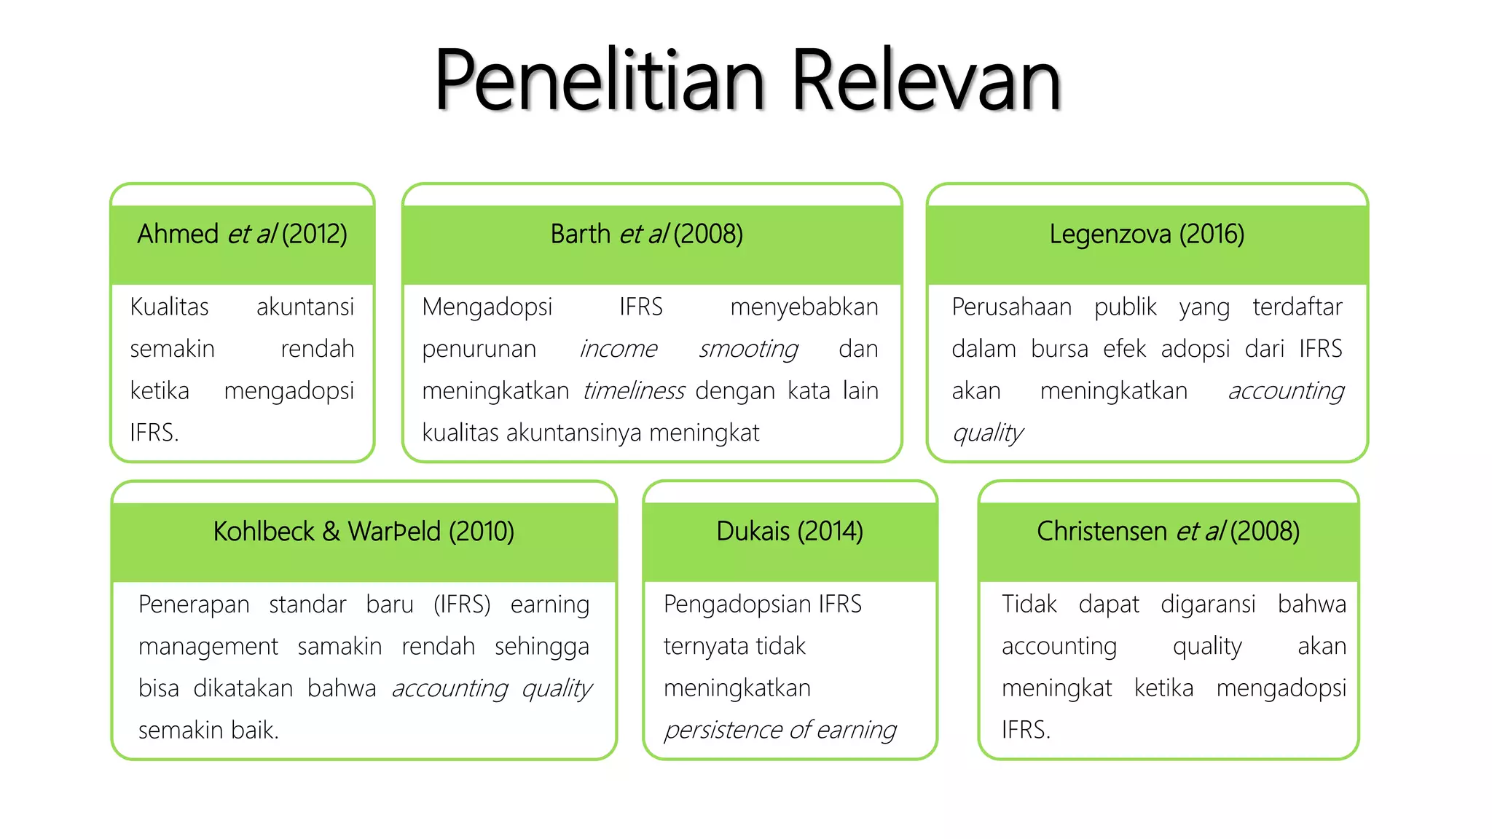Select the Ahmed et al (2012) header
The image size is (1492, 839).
coord(242,235)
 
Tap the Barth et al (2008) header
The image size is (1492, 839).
coord(646,235)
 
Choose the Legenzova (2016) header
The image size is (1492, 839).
coord(1147,235)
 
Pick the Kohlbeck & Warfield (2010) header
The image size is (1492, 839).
coord(364,532)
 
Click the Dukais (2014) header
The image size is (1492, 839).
coord(790,532)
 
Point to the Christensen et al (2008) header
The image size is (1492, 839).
coord(1168,532)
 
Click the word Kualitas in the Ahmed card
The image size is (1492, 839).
coord(169,307)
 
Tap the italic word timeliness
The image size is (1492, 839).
coord(633,391)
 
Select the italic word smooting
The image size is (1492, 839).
coord(748,350)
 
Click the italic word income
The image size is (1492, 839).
coord(618,350)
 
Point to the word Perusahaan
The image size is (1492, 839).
coord(1011,307)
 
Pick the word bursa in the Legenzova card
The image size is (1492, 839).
coord(1059,349)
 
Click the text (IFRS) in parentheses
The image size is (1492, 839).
coord(462,604)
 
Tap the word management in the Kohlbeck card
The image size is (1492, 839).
coord(208,647)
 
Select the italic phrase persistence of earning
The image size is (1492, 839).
coord(780,730)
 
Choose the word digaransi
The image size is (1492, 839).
coord(1208,604)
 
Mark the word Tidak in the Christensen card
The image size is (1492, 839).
coord(1029,604)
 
